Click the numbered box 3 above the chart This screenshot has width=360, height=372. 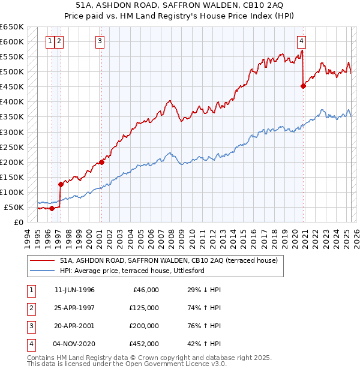99,41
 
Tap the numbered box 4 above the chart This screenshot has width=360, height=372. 301,41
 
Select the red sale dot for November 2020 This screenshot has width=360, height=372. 303,86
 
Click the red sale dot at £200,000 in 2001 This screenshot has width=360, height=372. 101,161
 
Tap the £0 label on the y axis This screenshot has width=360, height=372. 19,222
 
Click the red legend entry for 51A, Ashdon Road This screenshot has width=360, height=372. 169,261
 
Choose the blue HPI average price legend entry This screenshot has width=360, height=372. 132,271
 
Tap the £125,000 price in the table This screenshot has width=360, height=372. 144,308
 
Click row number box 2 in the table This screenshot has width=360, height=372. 31,308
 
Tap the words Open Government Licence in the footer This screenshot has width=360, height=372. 166,364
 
